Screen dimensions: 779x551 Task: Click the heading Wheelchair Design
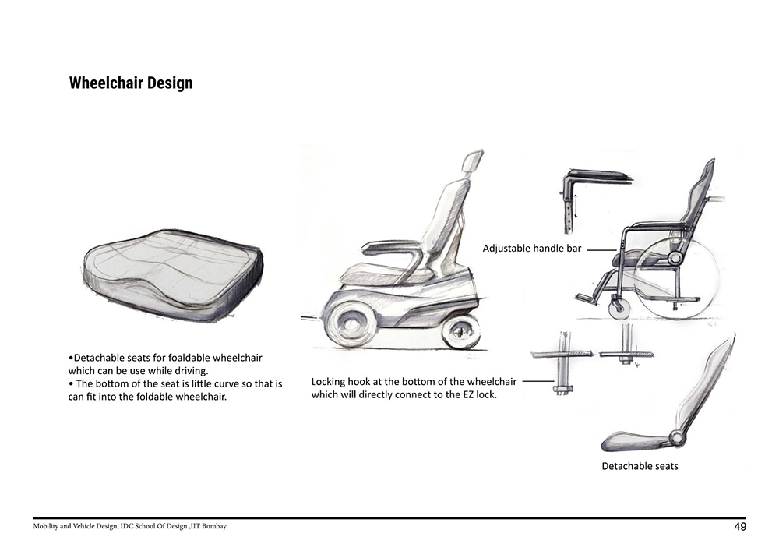131,83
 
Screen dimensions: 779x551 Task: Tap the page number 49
740,527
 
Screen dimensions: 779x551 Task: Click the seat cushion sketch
172,275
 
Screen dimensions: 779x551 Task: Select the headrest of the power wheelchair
472,162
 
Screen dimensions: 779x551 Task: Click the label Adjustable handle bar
531,249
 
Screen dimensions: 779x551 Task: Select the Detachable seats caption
640,466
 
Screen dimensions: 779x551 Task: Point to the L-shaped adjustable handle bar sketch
595,200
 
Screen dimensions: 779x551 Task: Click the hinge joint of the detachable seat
675,438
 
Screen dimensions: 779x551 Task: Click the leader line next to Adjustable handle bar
601,249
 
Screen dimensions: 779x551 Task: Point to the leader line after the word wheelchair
538,382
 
